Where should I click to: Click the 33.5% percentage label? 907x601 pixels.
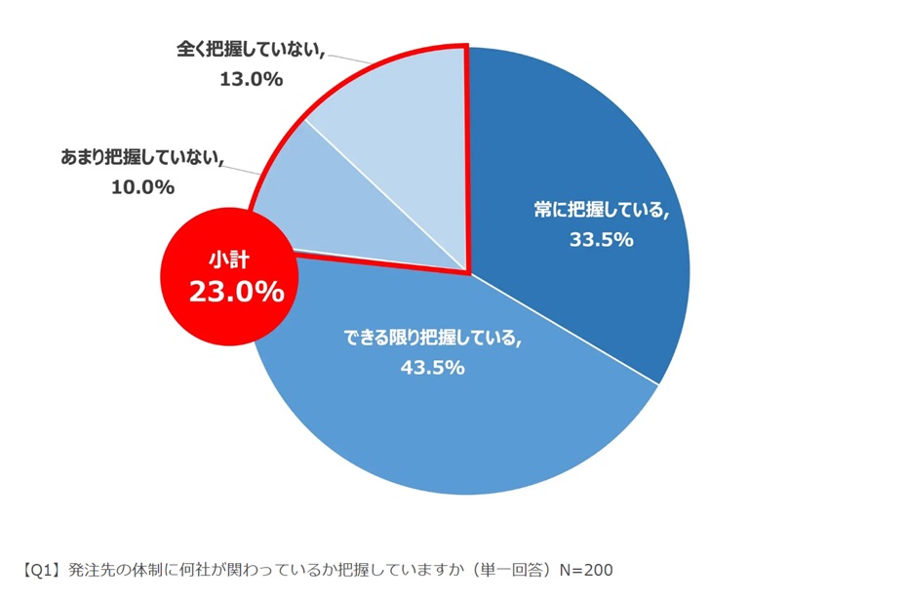point(602,239)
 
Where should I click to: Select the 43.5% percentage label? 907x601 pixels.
point(432,368)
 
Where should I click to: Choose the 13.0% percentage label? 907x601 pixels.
point(251,80)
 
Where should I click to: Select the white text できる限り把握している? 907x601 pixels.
point(432,339)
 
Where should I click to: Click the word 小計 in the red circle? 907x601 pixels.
point(226,259)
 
